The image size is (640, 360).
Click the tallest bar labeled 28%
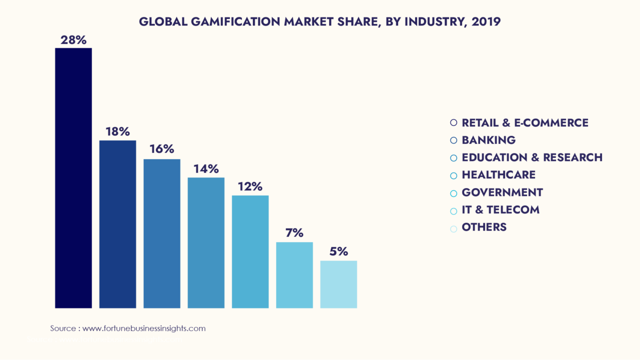[x=73, y=178]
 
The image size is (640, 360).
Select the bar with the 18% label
[x=117, y=224]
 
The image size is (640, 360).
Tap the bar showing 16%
[x=161, y=233]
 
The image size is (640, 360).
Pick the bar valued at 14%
[x=206, y=242]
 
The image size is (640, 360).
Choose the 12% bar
[x=250, y=251]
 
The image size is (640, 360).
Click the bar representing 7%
[x=294, y=275]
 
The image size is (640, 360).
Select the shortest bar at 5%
[x=338, y=284]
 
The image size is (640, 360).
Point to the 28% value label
[x=73, y=40]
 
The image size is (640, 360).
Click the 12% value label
[x=250, y=186]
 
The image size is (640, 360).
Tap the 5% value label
[x=338, y=251]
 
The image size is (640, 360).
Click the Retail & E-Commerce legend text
[x=525, y=122]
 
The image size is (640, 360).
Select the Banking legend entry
[x=488, y=140]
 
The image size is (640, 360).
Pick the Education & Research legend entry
[x=532, y=157]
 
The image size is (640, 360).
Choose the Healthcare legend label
[x=498, y=174]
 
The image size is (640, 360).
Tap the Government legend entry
[x=502, y=192]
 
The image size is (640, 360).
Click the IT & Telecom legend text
[x=500, y=209]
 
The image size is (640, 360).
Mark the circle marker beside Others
[x=453, y=229]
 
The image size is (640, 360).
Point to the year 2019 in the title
[x=485, y=22]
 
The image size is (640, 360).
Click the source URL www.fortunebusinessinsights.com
[x=144, y=328]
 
